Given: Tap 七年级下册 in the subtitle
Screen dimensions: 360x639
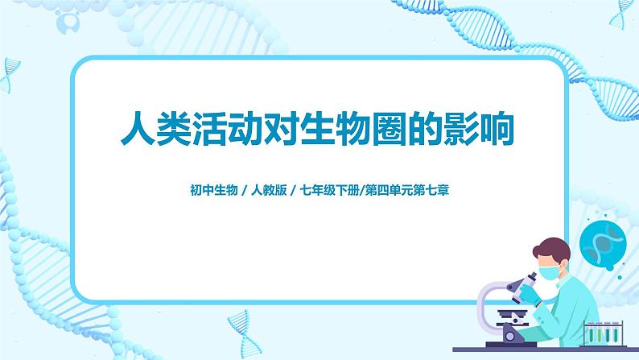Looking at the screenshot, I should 329,192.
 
